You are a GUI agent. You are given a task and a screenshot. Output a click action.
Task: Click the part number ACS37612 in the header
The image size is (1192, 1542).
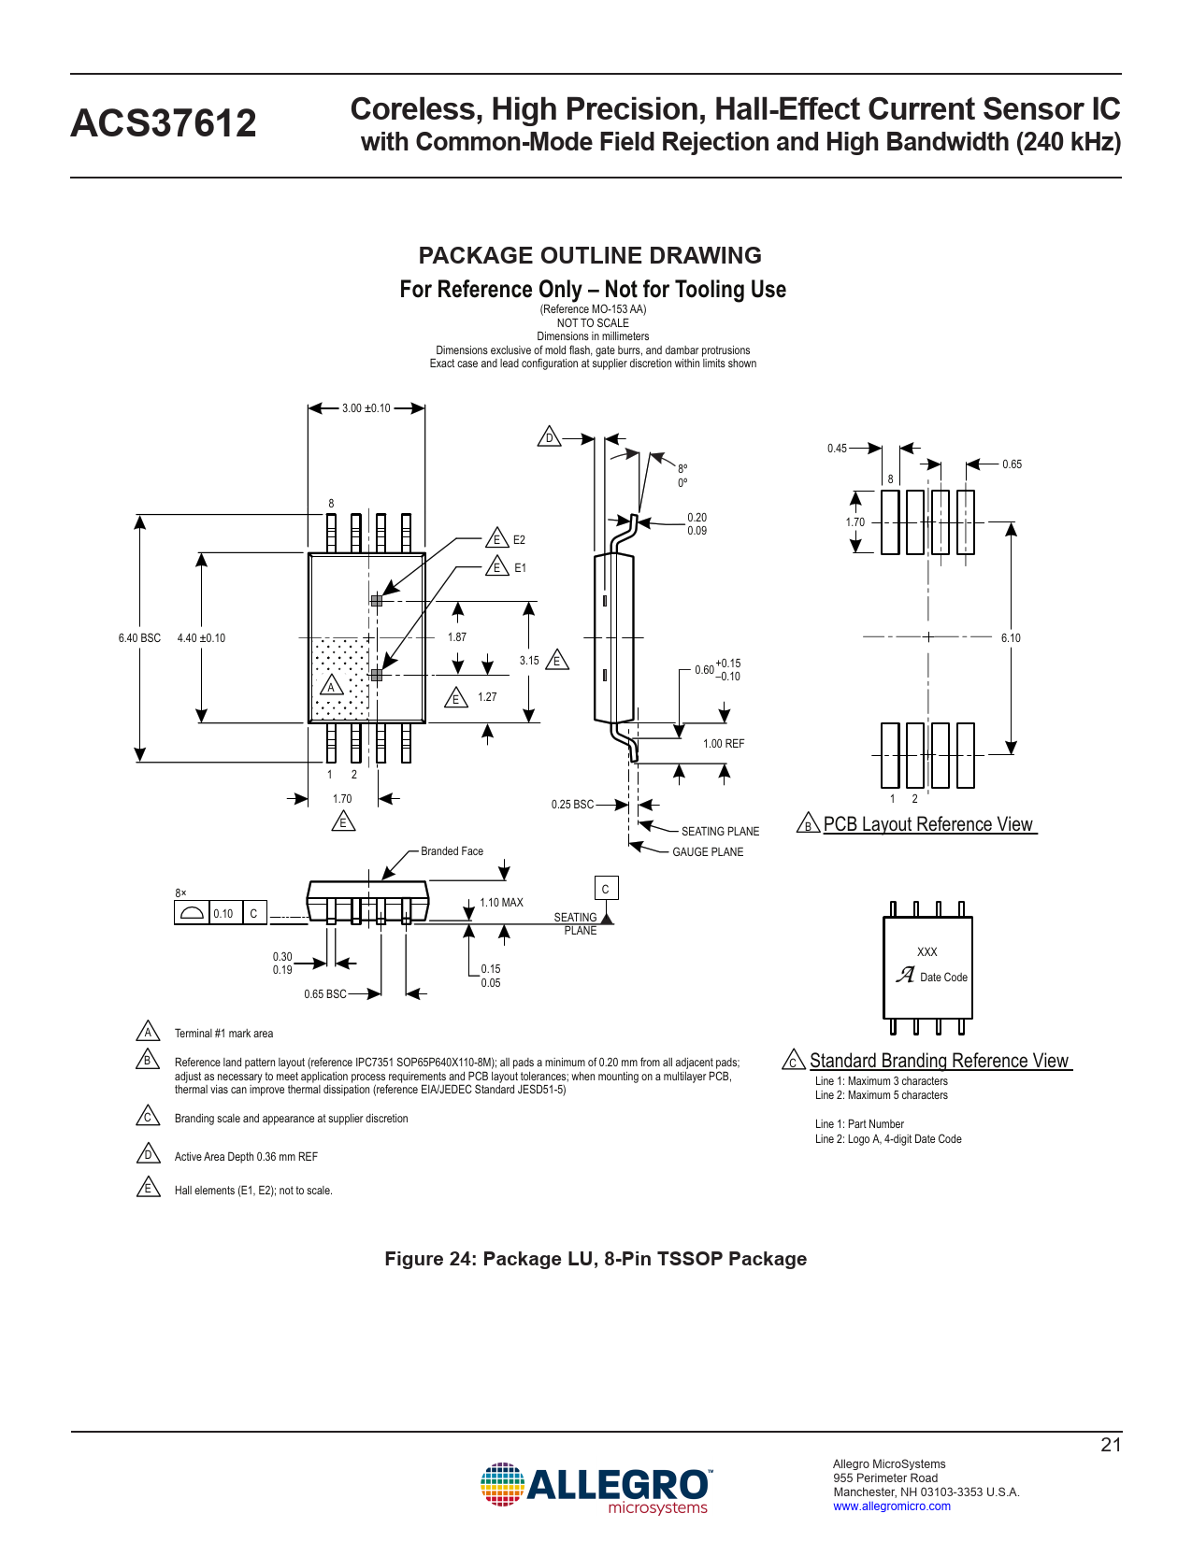pyautogui.click(x=164, y=123)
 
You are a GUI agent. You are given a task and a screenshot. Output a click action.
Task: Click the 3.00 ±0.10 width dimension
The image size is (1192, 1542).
pyautogui.click(x=366, y=408)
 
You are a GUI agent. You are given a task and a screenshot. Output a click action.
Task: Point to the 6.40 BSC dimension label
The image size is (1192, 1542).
pyautogui.click(x=139, y=638)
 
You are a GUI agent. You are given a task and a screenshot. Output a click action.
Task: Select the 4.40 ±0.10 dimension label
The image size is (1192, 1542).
pyautogui.click(x=201, y=638)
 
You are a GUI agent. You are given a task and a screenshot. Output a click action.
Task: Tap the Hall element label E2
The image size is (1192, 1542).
pyautogui.click(x=519, y=540)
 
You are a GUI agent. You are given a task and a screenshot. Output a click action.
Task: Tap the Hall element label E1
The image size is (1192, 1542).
pyautogui.click(x=520, y=568)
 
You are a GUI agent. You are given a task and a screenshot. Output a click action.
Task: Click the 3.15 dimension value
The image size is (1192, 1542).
pyautogui.click(x=529, y=661)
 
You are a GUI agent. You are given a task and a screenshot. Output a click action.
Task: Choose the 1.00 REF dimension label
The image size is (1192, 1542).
pyautogui.click(x=724, y=744)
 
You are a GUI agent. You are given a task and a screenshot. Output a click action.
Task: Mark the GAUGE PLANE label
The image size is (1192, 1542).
pyautogui.click(x=708, y=852)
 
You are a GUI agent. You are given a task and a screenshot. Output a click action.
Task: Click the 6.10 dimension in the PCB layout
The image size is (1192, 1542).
pyautogui.click(x=1011, y=638)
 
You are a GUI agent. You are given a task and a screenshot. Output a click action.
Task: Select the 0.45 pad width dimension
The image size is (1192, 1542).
pyautogui.click(x=837, y=449)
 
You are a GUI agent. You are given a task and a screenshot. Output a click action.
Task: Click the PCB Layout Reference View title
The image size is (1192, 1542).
pyautogui.click(x=927, y=824)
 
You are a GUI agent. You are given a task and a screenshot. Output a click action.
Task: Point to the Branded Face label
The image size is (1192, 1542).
pyautogui.click(x=452, y=851)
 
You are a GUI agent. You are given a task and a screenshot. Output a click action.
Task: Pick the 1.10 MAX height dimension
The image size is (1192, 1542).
pyautogui.click(x=501, y=903)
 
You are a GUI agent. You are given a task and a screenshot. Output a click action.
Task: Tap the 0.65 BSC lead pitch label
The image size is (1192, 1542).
pyautogui.click(x=324, y=994)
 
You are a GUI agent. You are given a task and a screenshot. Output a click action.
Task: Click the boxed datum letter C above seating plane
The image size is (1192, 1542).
pyautogui.click(x=606, y=889)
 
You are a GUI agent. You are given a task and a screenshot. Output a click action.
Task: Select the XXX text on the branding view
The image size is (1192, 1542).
pyautogui.click(x=926, y=952)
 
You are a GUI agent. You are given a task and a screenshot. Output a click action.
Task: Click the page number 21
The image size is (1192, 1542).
pyautogui.click(x=1111, y=1445)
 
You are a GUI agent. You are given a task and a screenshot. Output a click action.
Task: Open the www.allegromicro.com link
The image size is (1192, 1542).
pyautogui.click(x=892, y=1506)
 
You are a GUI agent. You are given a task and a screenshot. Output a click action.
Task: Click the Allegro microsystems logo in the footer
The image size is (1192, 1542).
pyautogui.click(x=596, y=1487)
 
